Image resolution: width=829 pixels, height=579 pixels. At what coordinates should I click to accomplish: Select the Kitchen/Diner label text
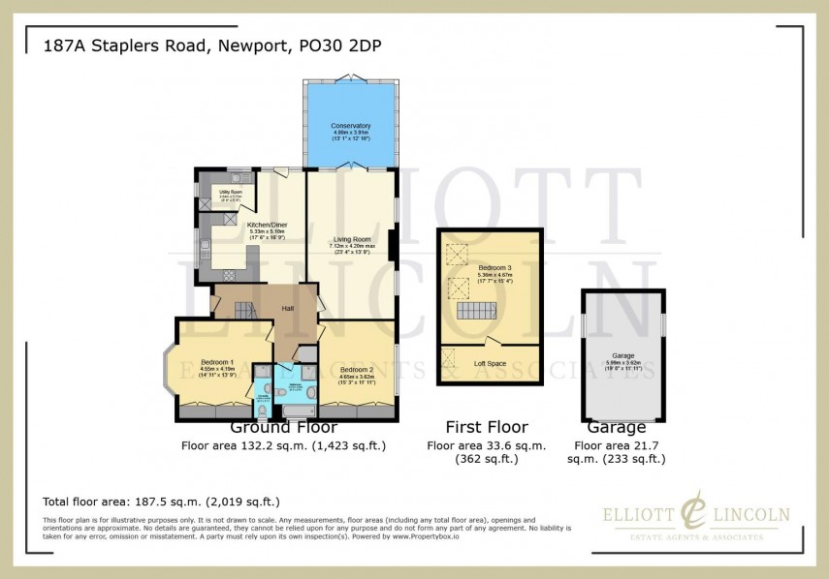[x=239, y=224]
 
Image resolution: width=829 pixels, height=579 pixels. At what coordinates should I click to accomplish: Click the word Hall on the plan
[x=288, y=309]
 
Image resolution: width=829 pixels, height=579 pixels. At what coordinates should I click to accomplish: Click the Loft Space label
[x=491, y=363]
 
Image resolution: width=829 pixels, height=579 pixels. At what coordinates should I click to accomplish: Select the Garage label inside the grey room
[x=622, y=356]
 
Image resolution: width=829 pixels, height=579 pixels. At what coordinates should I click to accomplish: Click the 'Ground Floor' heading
[x=283, y=427]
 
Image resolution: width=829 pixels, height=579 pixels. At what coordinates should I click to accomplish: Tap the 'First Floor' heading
[x=486, y=427]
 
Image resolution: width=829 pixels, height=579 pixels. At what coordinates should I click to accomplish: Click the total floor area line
[x=161, y=502]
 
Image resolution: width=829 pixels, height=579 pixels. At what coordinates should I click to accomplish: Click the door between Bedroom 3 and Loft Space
[x=494, y=341]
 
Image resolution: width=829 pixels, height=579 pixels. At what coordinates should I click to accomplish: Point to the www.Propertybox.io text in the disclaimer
[x=426, y=535]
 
